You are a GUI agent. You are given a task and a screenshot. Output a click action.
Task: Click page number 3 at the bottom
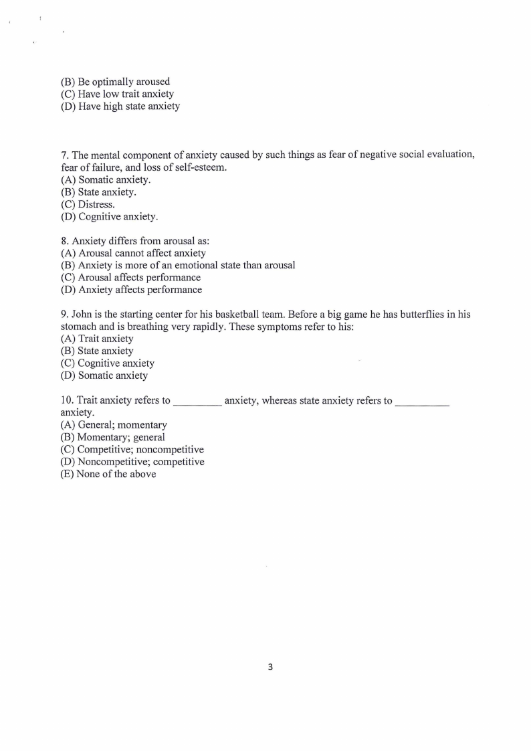(270, 667)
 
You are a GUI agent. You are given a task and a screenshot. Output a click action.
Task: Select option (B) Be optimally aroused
(115, 82)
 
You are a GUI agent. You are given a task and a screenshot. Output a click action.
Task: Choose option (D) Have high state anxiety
(120, 106)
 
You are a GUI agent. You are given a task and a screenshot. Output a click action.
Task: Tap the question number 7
(64, 155)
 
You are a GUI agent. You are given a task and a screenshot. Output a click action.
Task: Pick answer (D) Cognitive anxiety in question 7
(110, 216)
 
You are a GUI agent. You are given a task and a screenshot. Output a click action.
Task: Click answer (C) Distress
(88, 204)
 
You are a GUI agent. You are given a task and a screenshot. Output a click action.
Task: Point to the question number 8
(64, 240)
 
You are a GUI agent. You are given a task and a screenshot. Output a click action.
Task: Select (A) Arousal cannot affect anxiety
(133, 253)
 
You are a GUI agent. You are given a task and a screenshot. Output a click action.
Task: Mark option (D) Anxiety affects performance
(131, 290)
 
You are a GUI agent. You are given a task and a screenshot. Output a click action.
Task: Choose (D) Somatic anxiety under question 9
(104, 375)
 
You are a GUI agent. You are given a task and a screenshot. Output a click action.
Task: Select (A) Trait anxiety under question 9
(97, 339)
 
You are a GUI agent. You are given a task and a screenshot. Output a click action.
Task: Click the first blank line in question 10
(197, 402)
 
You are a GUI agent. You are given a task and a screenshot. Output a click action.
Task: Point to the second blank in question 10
(422, 402)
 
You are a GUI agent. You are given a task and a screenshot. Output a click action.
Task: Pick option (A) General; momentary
(114, 425)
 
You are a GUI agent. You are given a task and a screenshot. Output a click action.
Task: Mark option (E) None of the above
(108, 474)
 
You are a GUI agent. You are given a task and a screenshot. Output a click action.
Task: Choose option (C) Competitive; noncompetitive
(132, 449)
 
